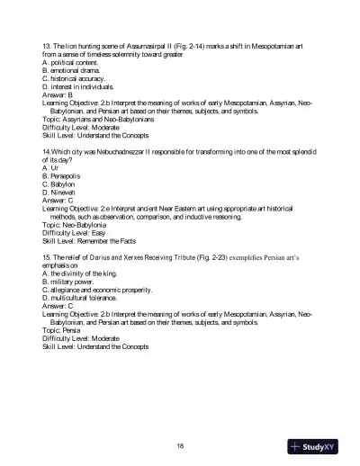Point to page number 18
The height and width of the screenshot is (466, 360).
(180, 444)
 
